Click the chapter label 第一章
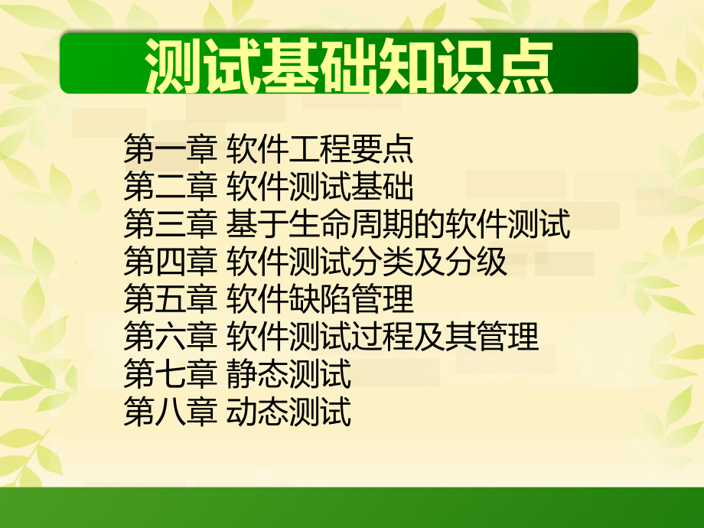(x=169, y=149)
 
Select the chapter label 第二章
(x=169, y=187)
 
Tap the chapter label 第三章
(x=169, y=224)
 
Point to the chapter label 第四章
(x=169, y=262)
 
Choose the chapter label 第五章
(x=169, y=299)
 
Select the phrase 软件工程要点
(x=320, y=149)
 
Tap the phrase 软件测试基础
(x=320, y=187)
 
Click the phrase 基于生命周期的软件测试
(x=398, y=224)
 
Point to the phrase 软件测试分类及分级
(x=367, y=262)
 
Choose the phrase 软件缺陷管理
(x=320, y=299)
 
